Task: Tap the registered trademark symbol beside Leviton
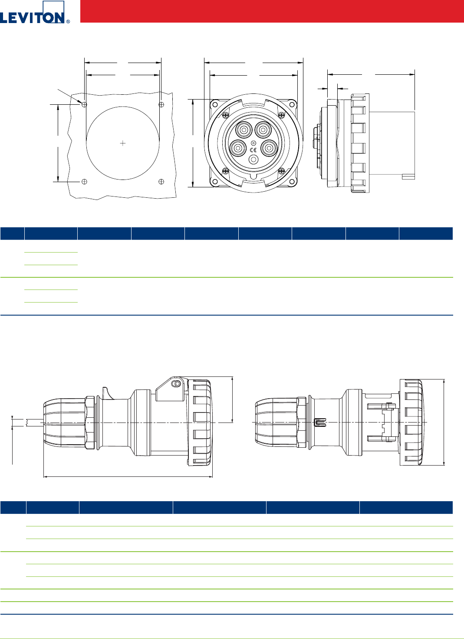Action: pyautogui.click(x=68, y=21)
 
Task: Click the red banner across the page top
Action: pyautogui.click(x=272, y=11)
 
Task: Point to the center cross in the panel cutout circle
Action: pyautogui.click(x=123, y=143)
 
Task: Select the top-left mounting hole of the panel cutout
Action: pyautogui.click(x=84, y=105)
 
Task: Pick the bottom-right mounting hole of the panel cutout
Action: pyautogui.click(x=161, y=181)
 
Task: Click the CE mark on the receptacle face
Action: pyautogui.click(x=253, y=150)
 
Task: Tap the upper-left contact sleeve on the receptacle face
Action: pyautogui.click(x=244, y=130)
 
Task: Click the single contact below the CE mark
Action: pyautogui.click(x=253, y=160)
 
